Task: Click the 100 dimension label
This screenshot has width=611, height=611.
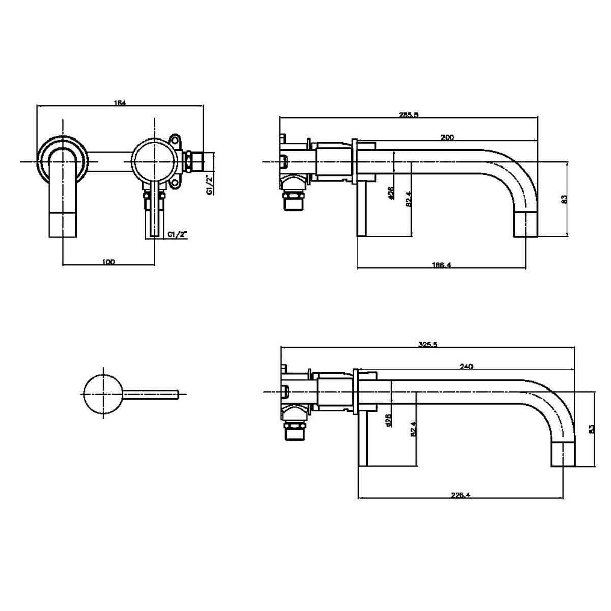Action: [x=108, y=262]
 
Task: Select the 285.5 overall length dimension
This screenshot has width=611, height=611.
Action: [x=408, y=115]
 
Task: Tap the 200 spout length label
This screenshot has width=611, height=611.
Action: [x=447, y=137]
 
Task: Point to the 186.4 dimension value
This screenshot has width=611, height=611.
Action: [x=441, y=265]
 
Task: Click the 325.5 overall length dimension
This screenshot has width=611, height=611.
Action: [x=427, y=344]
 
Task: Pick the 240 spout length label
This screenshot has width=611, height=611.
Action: [x=466, y=366]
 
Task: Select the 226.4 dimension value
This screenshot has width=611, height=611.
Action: [x=460, y=494]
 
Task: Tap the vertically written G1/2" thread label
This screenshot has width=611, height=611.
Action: [x=208, y=184]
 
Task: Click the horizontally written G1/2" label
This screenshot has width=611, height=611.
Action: [x=177, y=235]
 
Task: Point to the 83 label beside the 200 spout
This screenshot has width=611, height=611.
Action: [x=563, y=199]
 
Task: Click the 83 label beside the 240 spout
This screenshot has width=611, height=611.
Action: [x=591, y=429]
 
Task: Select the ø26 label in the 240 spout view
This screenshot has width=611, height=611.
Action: [x=388, y=420]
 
